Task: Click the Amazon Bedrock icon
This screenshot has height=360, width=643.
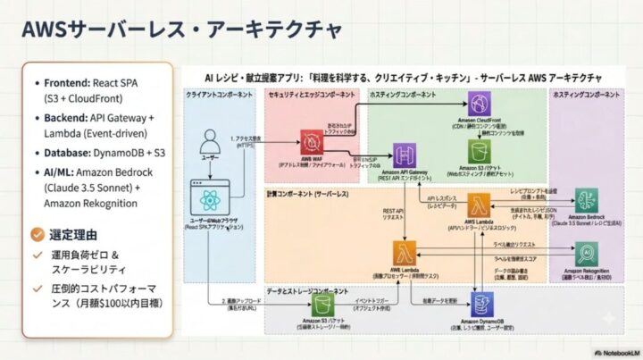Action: click(x=586, y=202)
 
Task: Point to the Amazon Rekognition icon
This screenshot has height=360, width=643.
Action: click(x=585, y=255)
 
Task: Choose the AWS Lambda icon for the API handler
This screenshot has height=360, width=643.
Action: click(x=474, y=204)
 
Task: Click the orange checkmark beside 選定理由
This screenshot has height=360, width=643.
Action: click(x=36, y=234)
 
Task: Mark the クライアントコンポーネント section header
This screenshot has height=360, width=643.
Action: click(x=220, y=94)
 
